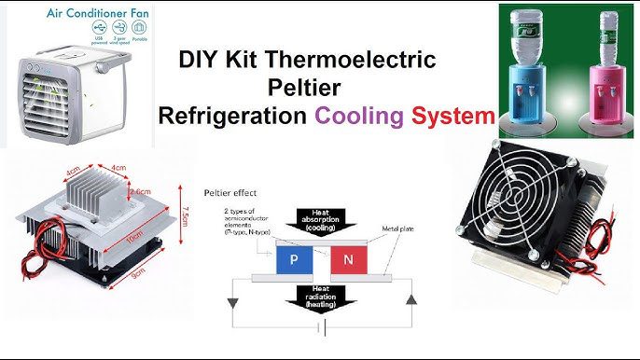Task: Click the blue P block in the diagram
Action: point(294,262)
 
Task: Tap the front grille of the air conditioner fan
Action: point(48,102)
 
